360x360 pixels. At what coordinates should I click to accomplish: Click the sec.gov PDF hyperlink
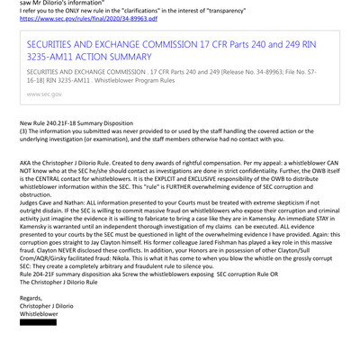81,18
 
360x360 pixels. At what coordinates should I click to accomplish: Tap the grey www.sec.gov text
45,93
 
